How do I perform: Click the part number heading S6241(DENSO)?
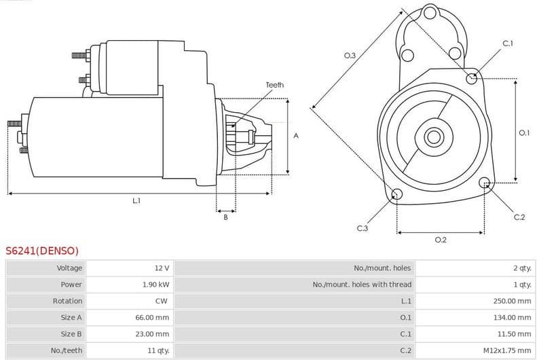(x=42, y=251)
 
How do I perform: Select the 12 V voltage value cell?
(x=162, y=268)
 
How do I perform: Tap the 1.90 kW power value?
(x=155, y=285)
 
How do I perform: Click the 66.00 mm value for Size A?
(x=152, y=317)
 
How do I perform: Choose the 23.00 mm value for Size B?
(x=152, y=334)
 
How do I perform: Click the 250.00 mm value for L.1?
(x=512, y=301)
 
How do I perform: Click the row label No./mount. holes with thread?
(x=362, y=285)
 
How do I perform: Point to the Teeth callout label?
(x=274, y=85)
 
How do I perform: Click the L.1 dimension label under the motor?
(x=136, y=200)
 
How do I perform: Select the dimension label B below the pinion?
(x=225, y=217)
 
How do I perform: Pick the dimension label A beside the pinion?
(x=296, y=136)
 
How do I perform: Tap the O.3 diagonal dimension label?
(x=350, y=56)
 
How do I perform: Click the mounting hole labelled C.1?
(x=472, y=78)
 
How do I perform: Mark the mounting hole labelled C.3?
(x=397, y=196)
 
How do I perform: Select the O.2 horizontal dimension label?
(x=440, y=240)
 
